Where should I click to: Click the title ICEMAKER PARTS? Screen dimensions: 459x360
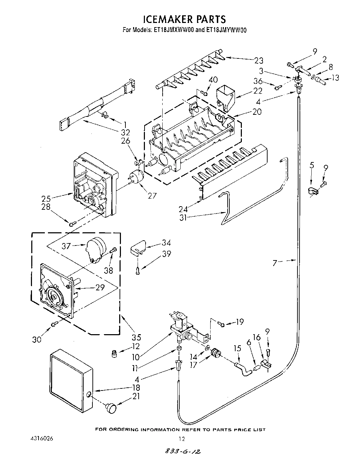point(185,19)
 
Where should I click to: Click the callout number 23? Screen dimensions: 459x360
point(258,61)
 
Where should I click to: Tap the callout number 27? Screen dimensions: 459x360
point(152,195)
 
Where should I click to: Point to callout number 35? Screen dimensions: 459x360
point(136,337)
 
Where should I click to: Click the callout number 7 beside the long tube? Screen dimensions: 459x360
point(275,263)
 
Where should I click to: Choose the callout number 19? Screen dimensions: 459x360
point(239,322)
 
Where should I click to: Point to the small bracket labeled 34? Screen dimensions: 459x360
point(138,248)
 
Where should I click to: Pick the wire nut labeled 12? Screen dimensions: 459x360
point(114,354)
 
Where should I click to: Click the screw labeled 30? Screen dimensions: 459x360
point(54,324)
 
